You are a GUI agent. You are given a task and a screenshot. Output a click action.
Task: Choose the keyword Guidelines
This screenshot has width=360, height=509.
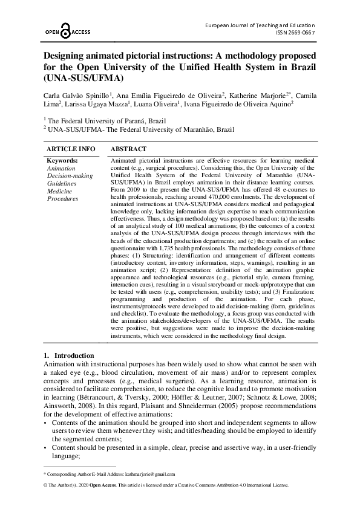[x=62, y=183]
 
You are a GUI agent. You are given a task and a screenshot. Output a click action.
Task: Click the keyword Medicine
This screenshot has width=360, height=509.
[x=60, y=190]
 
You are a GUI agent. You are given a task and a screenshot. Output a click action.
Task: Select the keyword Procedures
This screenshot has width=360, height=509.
[x=62, y=198]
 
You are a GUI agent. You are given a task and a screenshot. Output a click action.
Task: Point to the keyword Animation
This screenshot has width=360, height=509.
[x=61, y=168]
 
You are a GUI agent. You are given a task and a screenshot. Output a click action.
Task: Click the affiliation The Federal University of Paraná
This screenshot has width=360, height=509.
[x=91, y=120]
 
